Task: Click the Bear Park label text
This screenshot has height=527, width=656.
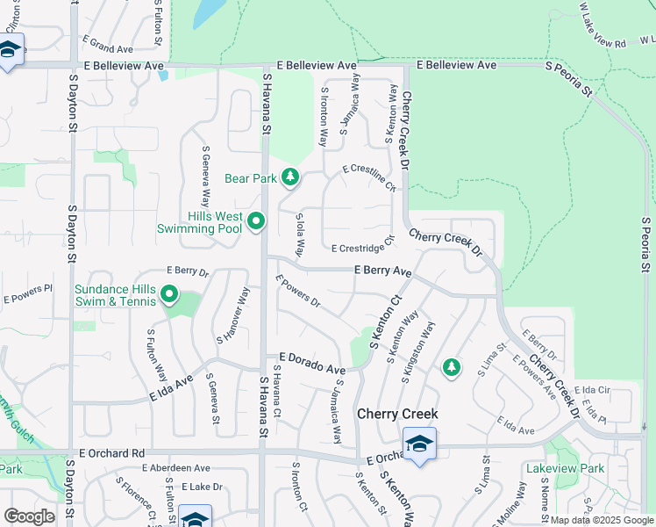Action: [x=251, y=178]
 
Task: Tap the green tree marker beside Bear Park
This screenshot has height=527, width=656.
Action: [x=290, y=178]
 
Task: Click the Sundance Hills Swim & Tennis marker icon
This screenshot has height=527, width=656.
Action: [x=169, y=295]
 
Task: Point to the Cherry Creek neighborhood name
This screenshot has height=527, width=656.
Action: [x=397, y=413]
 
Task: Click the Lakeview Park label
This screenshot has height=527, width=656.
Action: [x=565, y=468]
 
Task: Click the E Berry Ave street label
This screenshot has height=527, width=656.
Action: [x=383, y=272]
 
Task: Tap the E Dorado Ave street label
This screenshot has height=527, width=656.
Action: [x=311, y=364]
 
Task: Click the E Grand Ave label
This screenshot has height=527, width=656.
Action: [x=107, y=41]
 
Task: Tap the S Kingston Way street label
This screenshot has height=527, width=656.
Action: [x=418, y=352]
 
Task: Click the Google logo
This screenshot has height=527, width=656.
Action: [x=29, y=516]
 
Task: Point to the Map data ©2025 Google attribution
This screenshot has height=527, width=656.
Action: [x=602, y=520]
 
